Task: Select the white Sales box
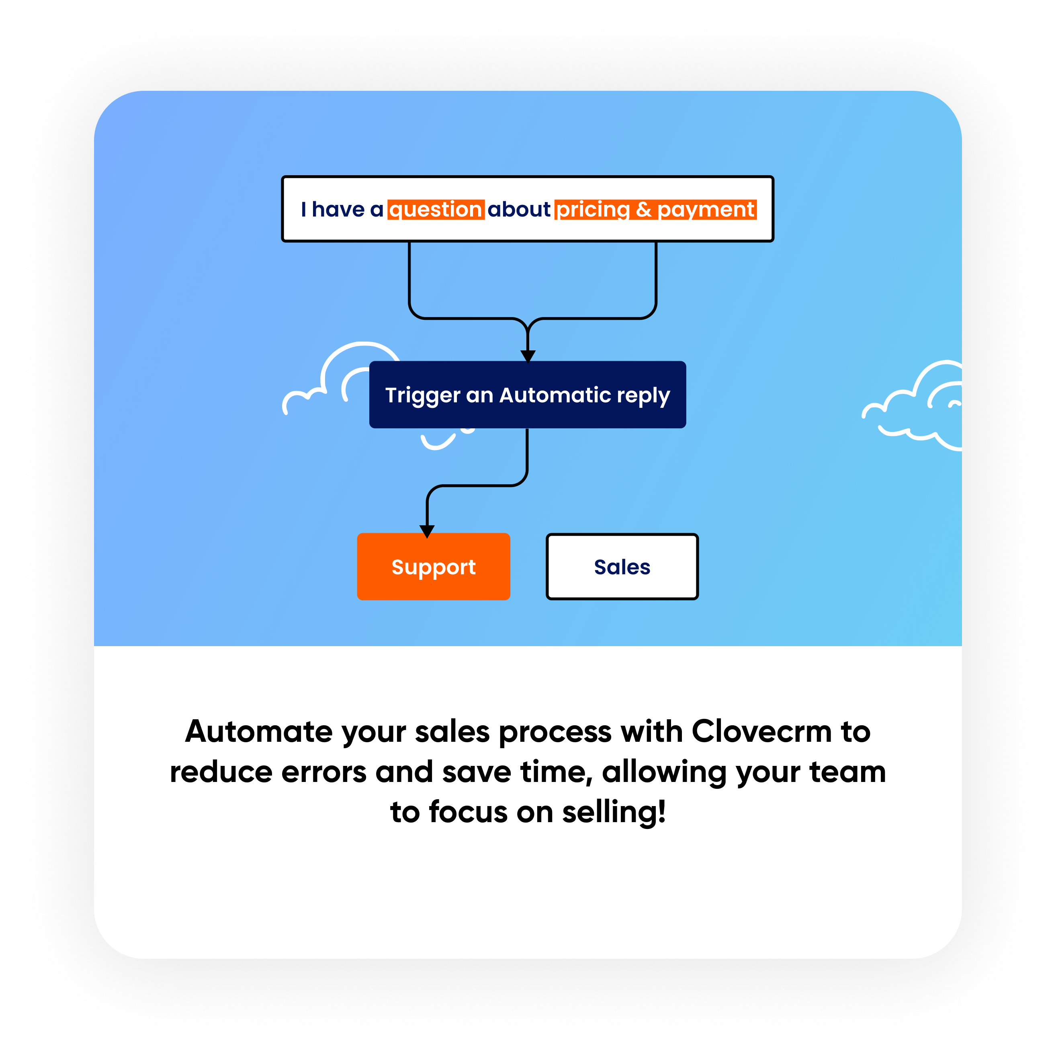622,567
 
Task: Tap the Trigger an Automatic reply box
528,395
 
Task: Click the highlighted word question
436,210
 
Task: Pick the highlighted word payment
706,210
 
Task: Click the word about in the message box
519,210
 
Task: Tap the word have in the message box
338,210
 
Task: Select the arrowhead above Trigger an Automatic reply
528,356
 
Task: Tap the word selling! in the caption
614,812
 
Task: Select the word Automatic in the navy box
555,395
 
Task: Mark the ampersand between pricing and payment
644,210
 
